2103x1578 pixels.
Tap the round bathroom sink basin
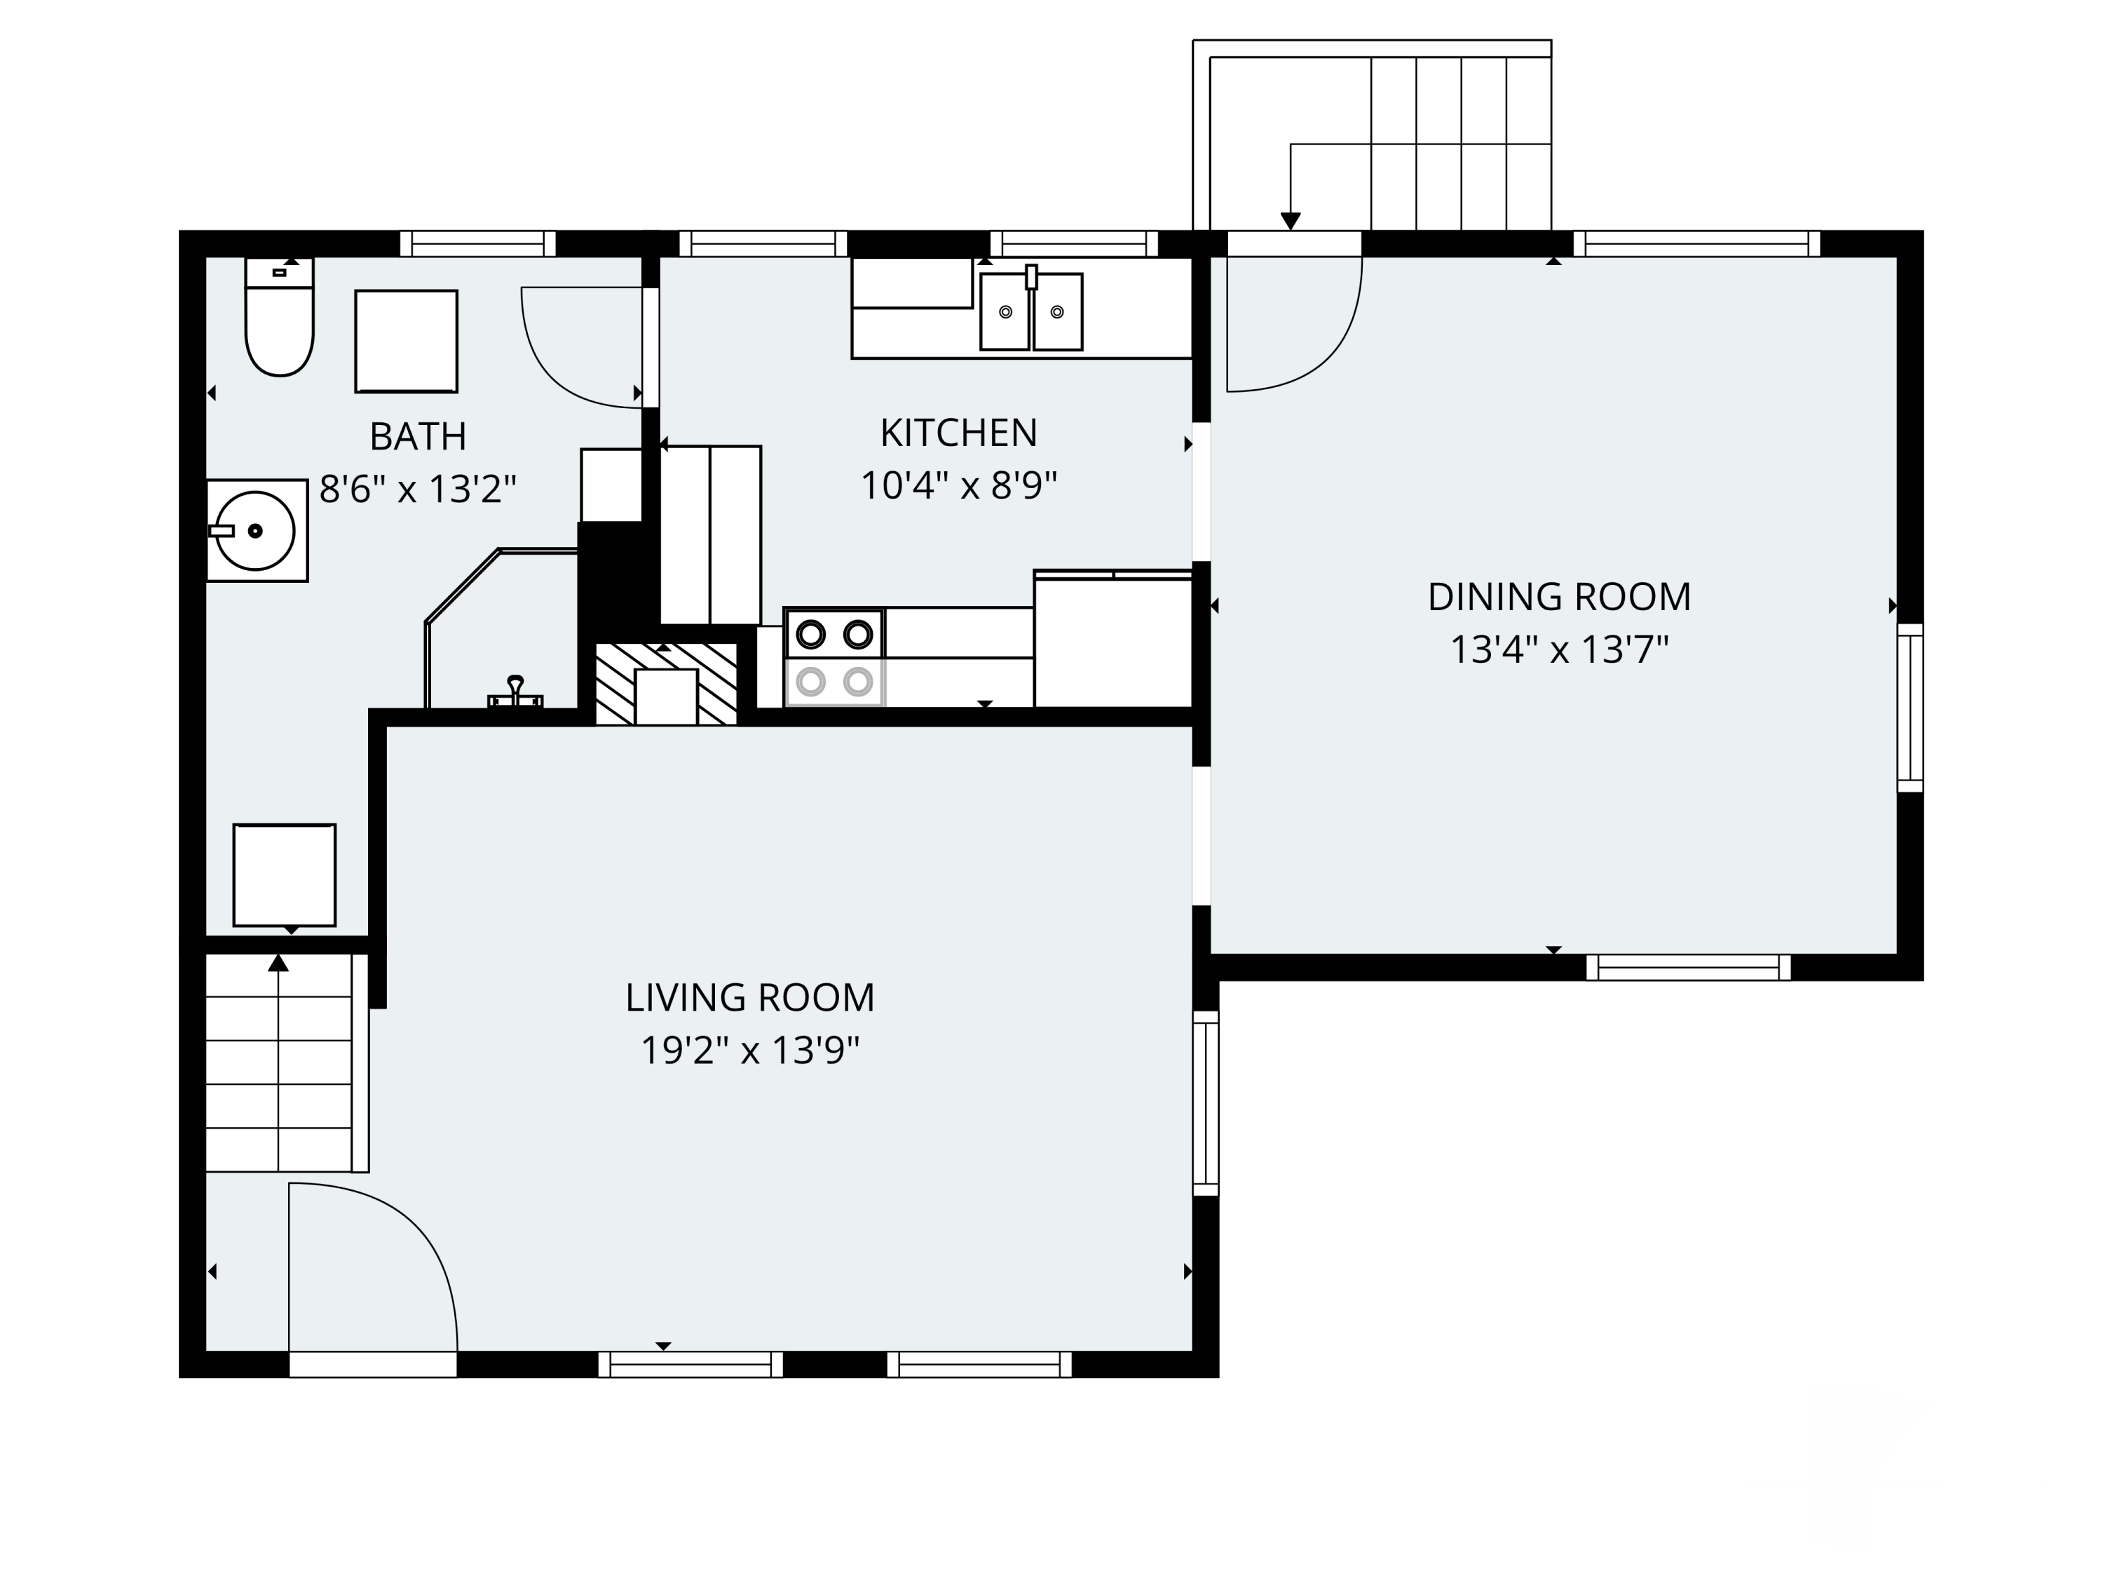tap(254, 531)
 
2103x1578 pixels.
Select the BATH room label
tap(418, 437)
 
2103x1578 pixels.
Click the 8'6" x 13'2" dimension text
tap(418, 490)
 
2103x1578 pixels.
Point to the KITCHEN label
tap(958, 433)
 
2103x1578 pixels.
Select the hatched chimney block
tap(665, 684)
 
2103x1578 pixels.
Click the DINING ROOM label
tap(1559, 598)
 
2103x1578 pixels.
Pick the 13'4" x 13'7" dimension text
tap(1559, 651)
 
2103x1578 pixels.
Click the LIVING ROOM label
tap(750, 998)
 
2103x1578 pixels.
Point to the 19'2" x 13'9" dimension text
tap(750, 1051)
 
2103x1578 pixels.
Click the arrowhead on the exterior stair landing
tap(1290, 221)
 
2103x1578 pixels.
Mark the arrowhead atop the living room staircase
tap(278, 963)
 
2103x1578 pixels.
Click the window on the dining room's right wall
tap(1910, 708)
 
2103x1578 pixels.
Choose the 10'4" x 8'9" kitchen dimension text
tap(958, 486)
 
